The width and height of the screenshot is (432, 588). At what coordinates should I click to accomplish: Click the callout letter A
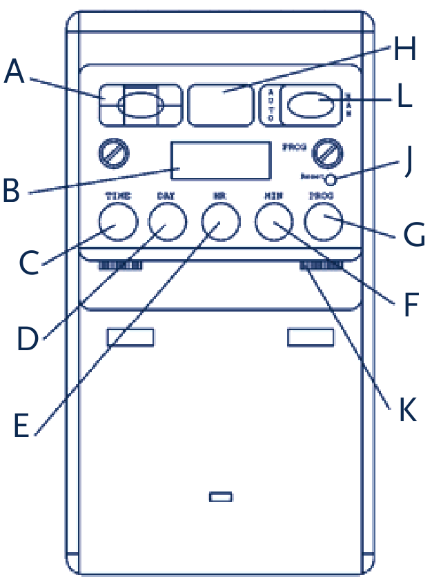click(14, 72)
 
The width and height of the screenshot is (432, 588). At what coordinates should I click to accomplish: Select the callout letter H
click(405, 50)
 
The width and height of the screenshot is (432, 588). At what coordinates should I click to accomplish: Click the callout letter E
click(21, 425)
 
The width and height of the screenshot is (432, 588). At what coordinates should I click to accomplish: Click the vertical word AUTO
click(271, 105)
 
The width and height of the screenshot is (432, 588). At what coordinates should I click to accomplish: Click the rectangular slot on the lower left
click(130, 337)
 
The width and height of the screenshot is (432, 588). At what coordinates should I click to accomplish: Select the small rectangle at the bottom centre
click(220, 496)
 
